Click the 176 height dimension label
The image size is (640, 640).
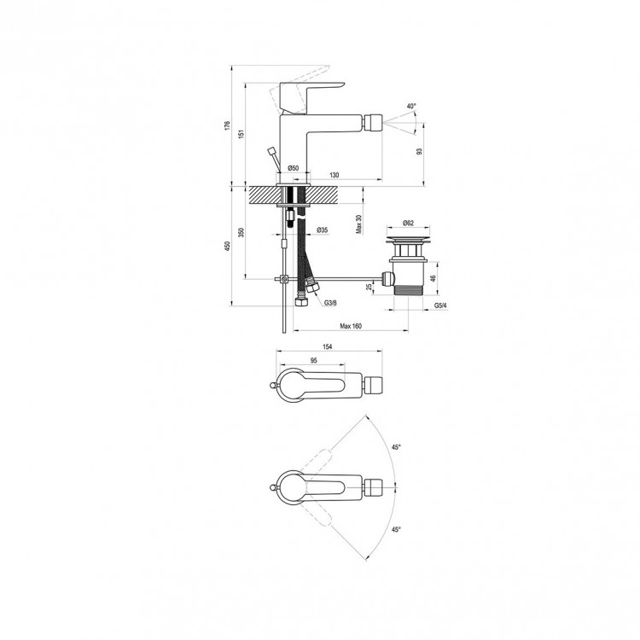coord(227,125)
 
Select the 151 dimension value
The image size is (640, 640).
coord(241,134)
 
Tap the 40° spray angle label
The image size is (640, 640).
coord(411,106)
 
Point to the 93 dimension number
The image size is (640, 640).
coord(419,151)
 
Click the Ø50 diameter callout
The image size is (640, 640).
coord(294,168)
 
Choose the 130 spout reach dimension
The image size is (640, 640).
coord(335,175)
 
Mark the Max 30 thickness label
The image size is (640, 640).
coord(358,224)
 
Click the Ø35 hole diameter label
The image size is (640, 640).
coord(322,230)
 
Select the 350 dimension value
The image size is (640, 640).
coord(241,233)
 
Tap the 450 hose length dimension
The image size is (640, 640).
coord(227,246)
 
